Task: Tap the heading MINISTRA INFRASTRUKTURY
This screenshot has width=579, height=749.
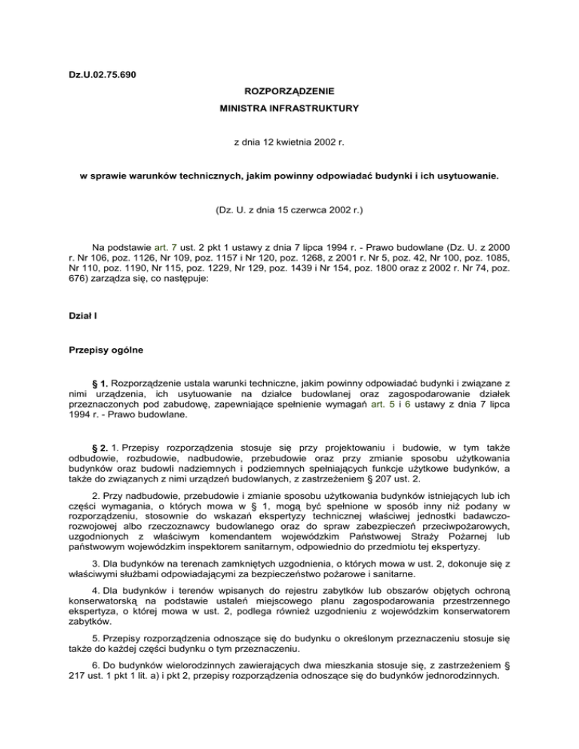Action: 289,109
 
